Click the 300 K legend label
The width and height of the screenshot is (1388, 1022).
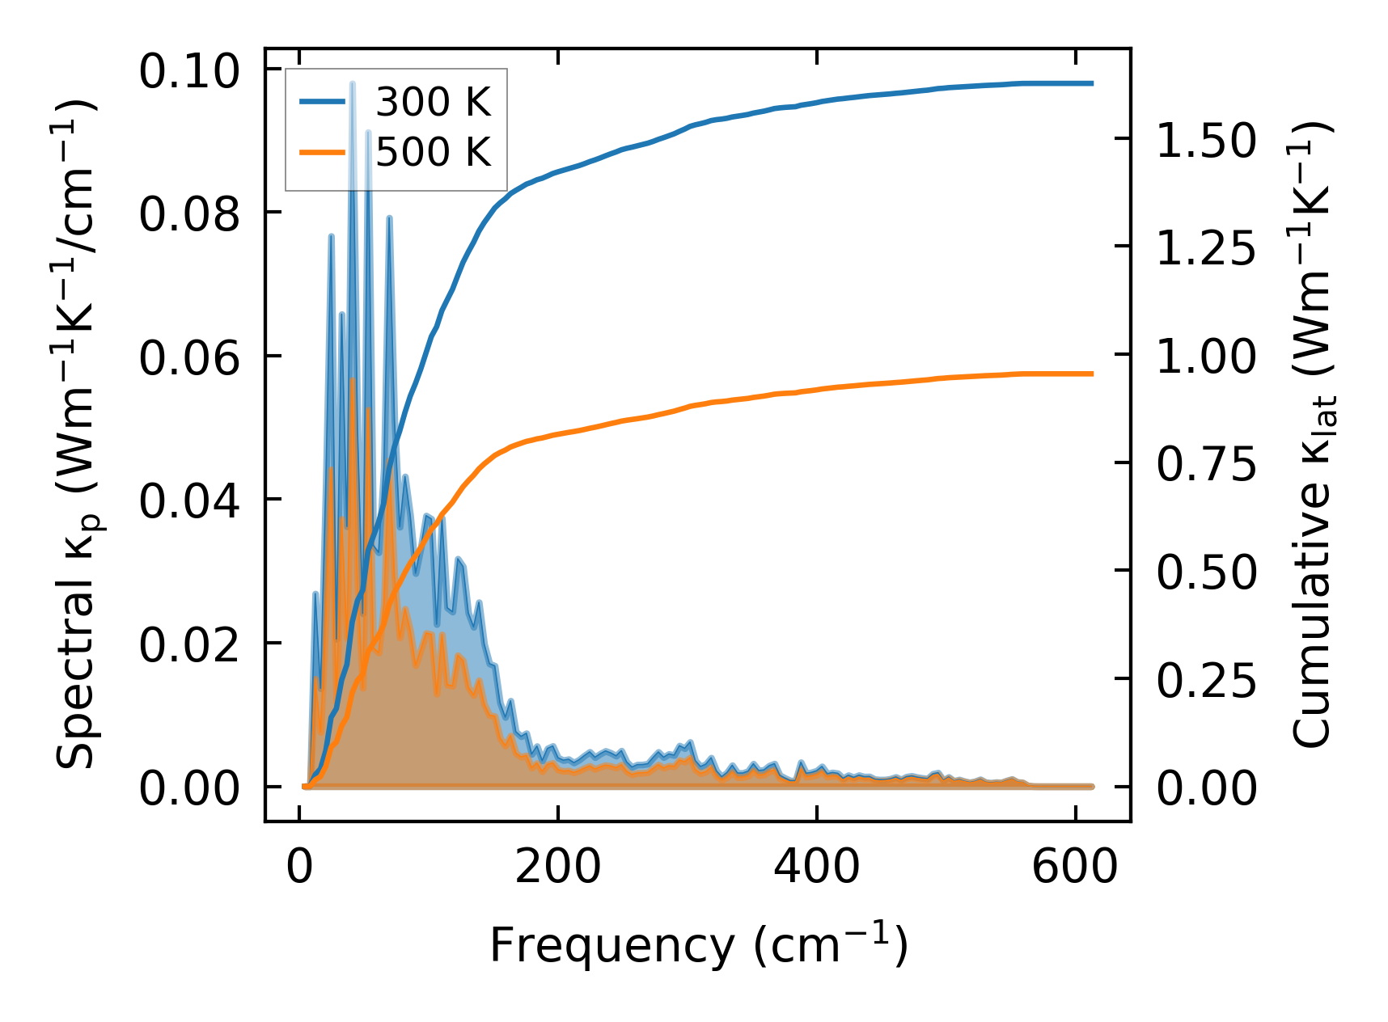433,103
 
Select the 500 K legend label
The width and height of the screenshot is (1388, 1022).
433,152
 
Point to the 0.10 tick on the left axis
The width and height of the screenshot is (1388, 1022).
189,71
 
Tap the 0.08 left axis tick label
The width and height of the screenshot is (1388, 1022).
189,214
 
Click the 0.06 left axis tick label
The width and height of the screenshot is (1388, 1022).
189,357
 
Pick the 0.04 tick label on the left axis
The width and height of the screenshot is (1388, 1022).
189,501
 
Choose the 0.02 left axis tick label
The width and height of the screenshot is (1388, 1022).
189,644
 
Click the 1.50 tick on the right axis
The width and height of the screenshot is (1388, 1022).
1206,140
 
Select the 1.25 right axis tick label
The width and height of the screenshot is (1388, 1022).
1206,248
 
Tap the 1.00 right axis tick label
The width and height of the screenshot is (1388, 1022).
1206,356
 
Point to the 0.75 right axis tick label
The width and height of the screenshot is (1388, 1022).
1206,464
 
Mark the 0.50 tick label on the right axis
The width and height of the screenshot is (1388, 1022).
1206,572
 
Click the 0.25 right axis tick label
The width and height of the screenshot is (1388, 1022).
1206,680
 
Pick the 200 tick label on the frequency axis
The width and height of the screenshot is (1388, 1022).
557,868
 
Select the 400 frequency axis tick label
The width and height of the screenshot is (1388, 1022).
816,868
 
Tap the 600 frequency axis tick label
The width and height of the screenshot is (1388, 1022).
1075,868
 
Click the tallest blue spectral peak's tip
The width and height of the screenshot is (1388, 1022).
353,83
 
